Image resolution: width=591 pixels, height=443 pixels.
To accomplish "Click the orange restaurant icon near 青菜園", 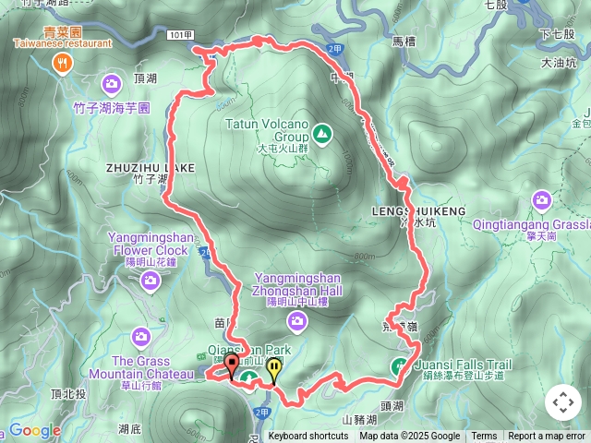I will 62,63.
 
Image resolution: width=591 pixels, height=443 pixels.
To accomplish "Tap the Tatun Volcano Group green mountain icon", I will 321,135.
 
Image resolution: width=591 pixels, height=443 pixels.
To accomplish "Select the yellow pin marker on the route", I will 274,369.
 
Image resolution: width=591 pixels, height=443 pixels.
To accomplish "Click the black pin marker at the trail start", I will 230,366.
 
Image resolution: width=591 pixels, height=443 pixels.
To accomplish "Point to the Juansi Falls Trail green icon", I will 400,365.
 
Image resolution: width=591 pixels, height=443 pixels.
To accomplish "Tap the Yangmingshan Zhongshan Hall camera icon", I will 296,320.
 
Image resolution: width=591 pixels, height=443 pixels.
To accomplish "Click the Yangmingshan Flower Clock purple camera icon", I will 150,280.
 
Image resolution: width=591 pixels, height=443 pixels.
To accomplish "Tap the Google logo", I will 34,430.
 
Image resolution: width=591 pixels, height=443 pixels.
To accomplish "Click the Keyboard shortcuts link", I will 308,437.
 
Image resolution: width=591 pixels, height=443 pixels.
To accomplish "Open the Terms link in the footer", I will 484,437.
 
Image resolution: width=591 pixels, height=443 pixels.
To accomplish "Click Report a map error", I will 548,437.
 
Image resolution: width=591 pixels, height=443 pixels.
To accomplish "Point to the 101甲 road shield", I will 182,35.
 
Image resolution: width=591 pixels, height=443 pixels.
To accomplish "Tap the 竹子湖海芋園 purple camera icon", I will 111,85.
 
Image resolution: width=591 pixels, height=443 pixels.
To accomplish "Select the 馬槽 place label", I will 405,42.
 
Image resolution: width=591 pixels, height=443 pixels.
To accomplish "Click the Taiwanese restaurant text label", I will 62,42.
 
